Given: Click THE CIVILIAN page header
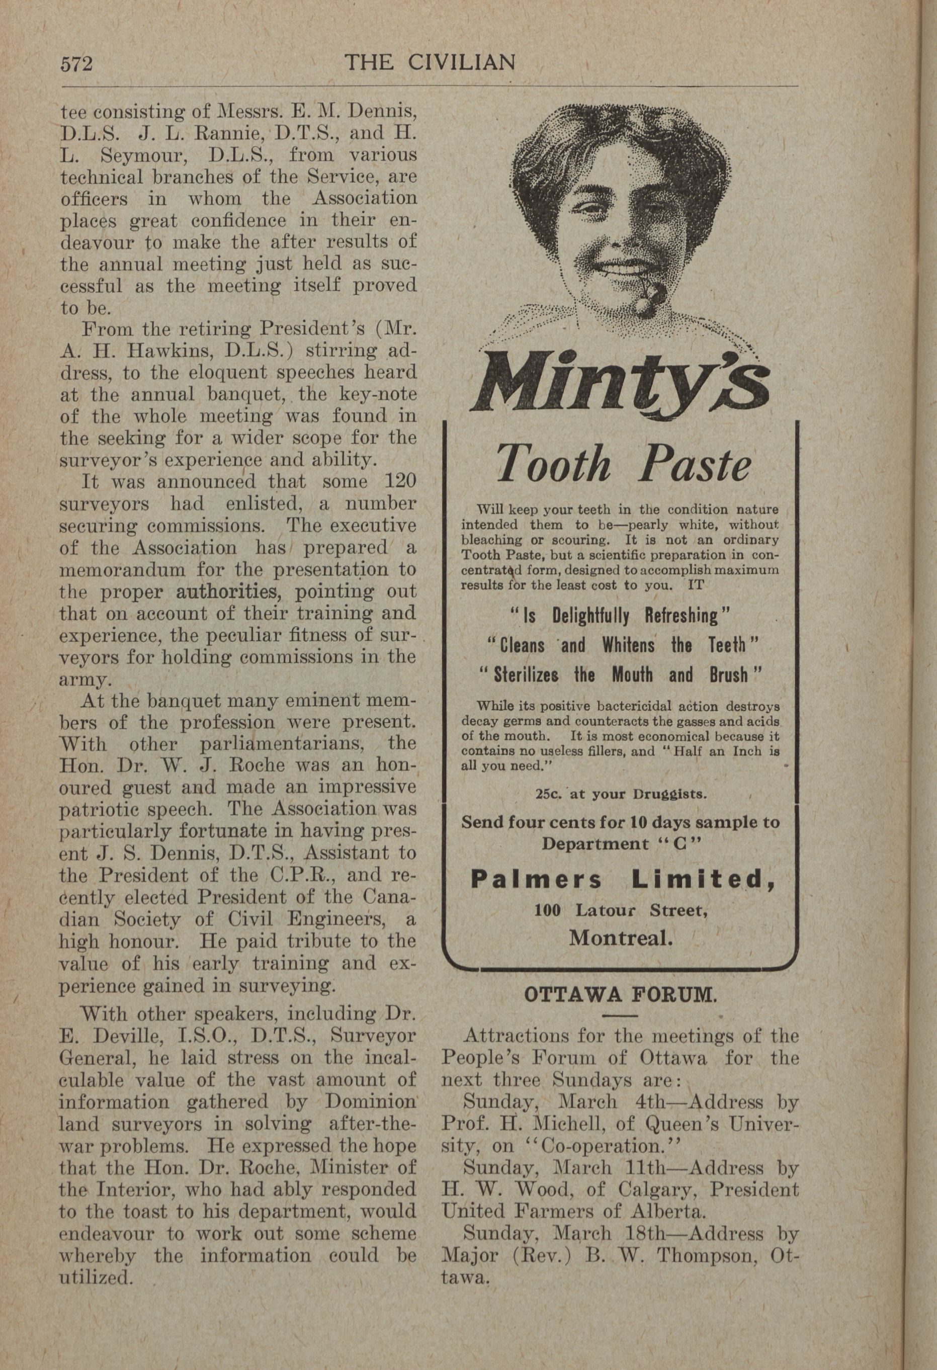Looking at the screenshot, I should tap(430, 62).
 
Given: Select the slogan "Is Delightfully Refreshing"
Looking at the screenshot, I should tap(620, 616).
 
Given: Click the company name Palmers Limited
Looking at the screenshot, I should tap(623, 881).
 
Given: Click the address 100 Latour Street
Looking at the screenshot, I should tap(620, 910).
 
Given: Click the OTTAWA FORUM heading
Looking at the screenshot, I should tap(620, 996).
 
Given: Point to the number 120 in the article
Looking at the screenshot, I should tap(399, 482).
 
